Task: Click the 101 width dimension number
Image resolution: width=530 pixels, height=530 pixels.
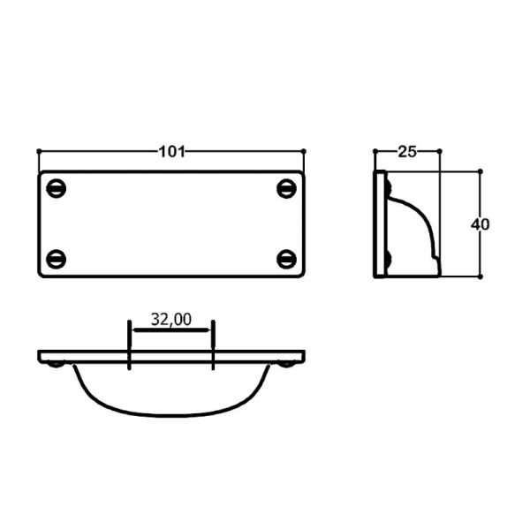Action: pyautogui.click(x=171, y=151)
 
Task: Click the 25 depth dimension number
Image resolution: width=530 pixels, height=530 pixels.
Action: pyautogui.click(x=406, y=151)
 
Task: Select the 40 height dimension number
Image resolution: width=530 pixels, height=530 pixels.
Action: pyautogui.click(x=480, y=223)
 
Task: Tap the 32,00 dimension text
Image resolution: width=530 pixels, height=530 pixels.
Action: pyautogui.click(x=170, y=320)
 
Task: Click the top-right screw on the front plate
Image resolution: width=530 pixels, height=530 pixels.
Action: pyautogui.click(x=285, y=188)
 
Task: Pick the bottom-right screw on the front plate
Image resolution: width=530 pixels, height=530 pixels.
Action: pyautogui.click(x=285, y=259)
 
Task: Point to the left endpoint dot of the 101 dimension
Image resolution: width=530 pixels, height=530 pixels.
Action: pyautogui.click(x=39, y=151)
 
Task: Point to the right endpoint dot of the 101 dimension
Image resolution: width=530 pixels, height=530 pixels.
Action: pyautogui.click(x=303, y=151)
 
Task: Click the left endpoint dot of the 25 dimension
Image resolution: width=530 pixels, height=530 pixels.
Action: pyautogui.click(x=375, y=151)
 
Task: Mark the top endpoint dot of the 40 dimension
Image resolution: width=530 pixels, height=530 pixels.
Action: pyautogui.click(x=480, y=171)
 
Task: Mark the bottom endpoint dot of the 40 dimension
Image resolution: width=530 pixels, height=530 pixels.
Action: pyautogui.click(x=480, y=276)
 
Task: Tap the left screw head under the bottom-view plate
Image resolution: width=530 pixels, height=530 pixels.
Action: pyautogui.click(x=57, y=364)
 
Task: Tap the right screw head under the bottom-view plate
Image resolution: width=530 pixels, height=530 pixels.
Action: pyautogui.click(x=285, y=364)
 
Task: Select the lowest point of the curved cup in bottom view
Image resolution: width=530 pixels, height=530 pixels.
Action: pyautogui.click(x=170, y=414)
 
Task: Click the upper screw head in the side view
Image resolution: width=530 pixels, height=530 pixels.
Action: pyautogui.click(x=388, y=187)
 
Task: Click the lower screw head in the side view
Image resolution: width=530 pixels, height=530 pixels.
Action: pyautogui.click(x=388, y=259)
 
